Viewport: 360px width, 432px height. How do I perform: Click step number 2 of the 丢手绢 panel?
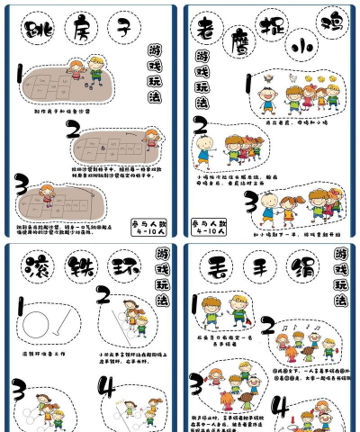pos(267,326)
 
